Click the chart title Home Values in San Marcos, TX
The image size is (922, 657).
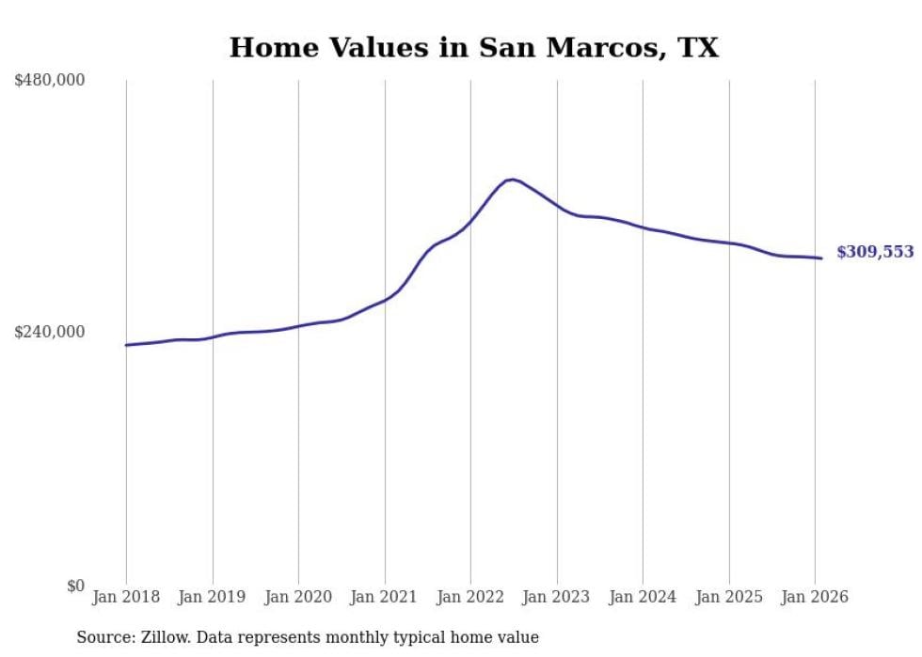pyautogui.click(x=473, y=48)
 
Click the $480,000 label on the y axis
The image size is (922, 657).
pyautogui.click(x=50, y=81)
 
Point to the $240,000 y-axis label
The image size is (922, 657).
pyautogui.click(x=50, y=332)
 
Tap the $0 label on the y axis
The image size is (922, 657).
pyautogui.click(x=75, y=586)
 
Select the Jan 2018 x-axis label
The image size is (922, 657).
pyautogui.click(x=126, y=598)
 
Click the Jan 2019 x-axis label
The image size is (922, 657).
pyautogui.click(x=213, y=598)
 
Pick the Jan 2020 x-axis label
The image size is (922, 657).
pyautogui.click(x=298, y=598)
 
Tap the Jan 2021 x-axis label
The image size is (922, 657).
pyautogui.click(x=385, y=598)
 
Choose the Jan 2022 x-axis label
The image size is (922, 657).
pyautogui.click(x=470, y=598)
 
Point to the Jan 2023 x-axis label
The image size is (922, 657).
pyautogui.click(x=557, y=598)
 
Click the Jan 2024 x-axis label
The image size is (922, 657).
pyautogui.click(x=643, y=598)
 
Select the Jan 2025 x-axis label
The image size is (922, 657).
pyautogui.click(x=729, y=598)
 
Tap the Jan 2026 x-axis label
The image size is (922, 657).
pyautogui.click(x=815, y=598)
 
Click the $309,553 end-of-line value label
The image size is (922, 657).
pyautogui.click(x=875, y=252)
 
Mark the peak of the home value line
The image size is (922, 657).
pyautogui.click(x=512, y=179)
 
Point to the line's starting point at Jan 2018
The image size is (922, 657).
pyautogui.click(x=126, y=345)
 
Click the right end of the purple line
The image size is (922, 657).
pyautogui.click(x=821, y=258)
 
